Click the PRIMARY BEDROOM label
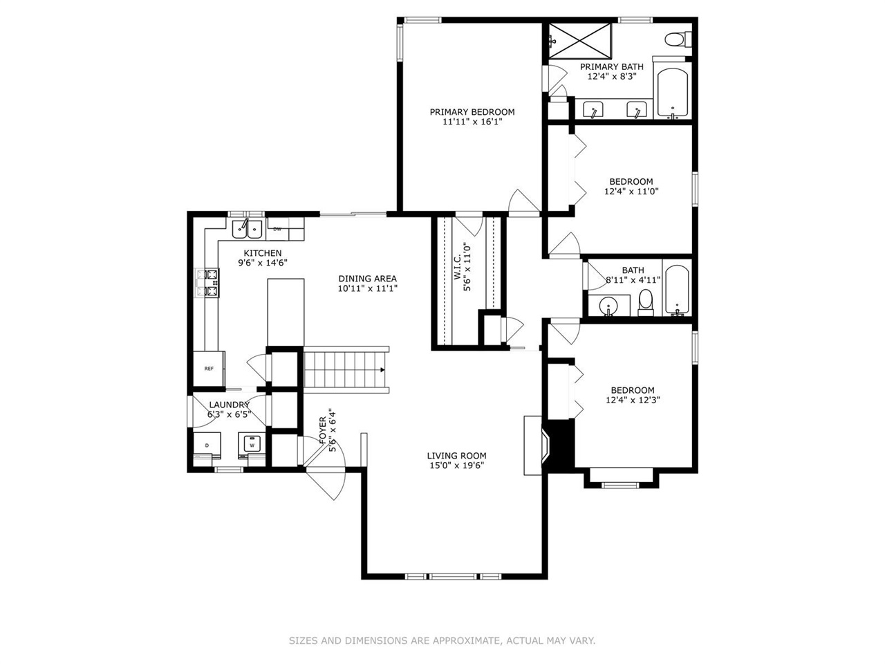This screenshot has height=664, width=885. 472,111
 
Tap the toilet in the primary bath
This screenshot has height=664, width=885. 678,39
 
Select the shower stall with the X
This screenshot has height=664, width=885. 580,41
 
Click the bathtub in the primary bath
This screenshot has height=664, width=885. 673,93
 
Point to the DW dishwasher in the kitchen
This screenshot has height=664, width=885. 277,229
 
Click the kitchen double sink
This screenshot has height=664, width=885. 247,230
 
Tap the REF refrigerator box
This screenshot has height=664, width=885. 209,369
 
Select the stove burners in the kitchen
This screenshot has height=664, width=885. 207,283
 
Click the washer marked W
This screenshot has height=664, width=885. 252,445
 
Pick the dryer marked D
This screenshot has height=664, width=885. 207,445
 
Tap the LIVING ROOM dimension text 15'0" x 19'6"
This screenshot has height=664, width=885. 456,465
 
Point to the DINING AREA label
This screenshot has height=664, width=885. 367,279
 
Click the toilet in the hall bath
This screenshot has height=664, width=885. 646,302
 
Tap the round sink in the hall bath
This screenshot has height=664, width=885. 606,305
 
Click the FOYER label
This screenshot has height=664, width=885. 323,430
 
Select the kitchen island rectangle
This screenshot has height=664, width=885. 286,313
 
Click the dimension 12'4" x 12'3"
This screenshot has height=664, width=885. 633,400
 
